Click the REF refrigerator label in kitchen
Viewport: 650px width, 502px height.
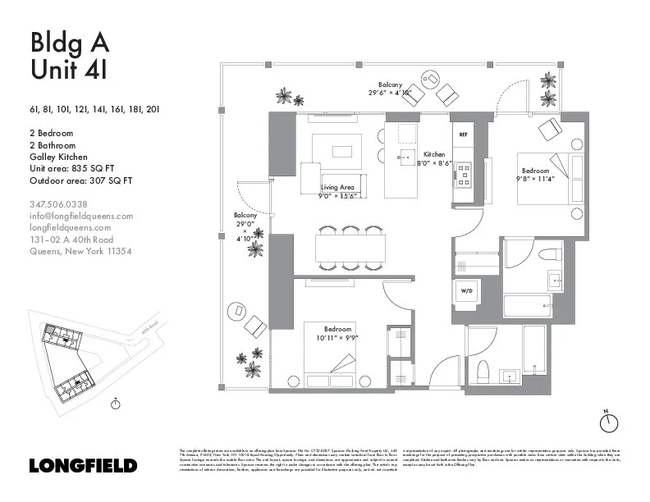click(463, 134)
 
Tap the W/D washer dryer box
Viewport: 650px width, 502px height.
click(465, 290)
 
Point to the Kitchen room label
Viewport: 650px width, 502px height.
click(434, 154)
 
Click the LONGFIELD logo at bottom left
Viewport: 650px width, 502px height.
click(82, 466)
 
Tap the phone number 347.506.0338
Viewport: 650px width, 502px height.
click(58, 204)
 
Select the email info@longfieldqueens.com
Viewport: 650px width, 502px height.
click(80, 216)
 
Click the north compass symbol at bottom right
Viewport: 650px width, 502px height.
click(608, 422)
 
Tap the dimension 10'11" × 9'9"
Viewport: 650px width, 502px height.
click(344, 337)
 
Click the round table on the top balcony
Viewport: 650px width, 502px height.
click(430, 79)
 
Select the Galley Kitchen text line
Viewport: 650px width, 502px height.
click(58, 156)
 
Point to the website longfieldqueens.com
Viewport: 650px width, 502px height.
click(70, 227)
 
